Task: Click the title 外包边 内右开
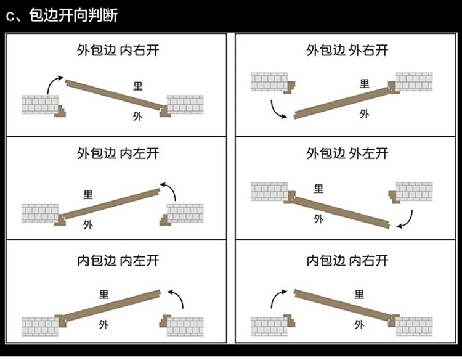(x=118, y=50)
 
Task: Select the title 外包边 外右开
(x=347, y=50)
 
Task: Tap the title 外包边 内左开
(x=118, y=153)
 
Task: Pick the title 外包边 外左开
(x=347, y=153)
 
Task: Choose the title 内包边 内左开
(x=118, y=260)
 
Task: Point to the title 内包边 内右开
(x=347, y=260)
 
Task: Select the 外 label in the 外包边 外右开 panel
(x=364, y=113)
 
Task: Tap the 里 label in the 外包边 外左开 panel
(x=318, y=189)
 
